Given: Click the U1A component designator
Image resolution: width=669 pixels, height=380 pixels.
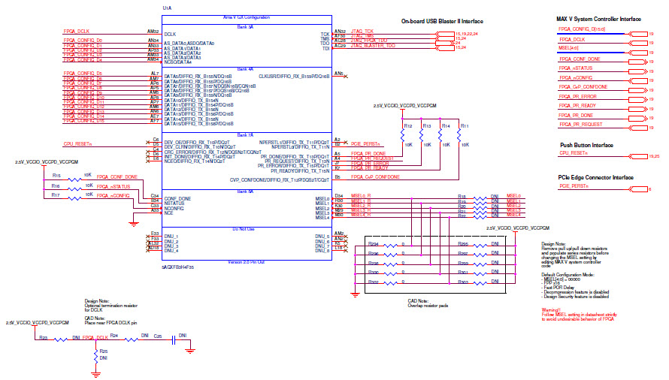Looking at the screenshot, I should pos(167,8).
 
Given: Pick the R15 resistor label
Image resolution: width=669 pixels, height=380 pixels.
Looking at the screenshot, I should pos(56,174).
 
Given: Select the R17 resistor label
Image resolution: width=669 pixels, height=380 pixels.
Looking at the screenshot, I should pos(56,195).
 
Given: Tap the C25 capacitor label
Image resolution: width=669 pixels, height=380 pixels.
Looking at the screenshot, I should pos(158,337).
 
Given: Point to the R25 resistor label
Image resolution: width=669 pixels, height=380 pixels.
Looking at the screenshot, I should pos(104,351).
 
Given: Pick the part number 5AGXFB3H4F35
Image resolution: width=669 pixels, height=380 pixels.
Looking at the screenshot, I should pos(177,267).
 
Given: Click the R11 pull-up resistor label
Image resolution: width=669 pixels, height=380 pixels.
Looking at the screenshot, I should pos(465,125).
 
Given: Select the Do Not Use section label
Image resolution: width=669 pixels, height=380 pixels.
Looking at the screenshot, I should pos(247,228).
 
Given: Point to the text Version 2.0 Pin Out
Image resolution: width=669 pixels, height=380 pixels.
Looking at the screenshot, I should pos(247,261).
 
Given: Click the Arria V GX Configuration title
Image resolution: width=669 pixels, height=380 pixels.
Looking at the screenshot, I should pos(247,17).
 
